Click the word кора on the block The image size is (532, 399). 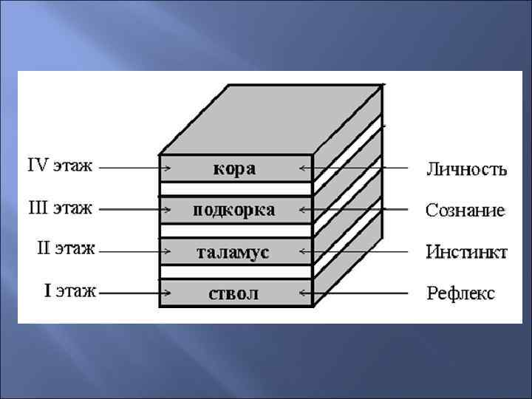[x=235, y=168]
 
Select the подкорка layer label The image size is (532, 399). [x=234, y=210]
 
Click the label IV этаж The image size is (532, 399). [x=60, y=166]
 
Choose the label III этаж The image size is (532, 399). [x=60, y=208]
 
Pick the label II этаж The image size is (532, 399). [x=66, y=249]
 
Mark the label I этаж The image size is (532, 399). [x=70, y=290]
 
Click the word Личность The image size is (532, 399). [x=466, y=169]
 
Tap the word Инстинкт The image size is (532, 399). [x=466, y=252]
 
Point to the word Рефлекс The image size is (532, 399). [x=461, y=293]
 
